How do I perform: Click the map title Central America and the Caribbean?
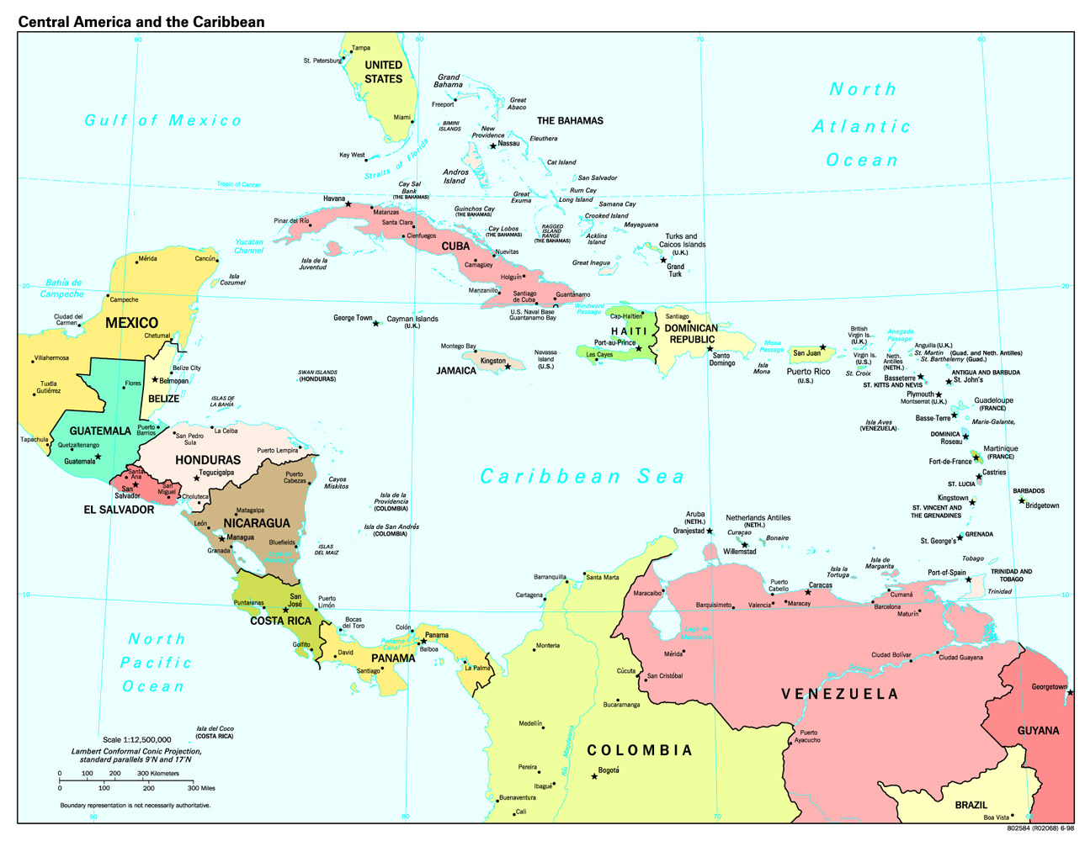(141, 22)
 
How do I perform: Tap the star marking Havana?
(348, 204)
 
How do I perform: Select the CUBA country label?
(455, 246)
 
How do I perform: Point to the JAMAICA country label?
(455, 371)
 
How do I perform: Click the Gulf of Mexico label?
(163, 120)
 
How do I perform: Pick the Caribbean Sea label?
(582, 477)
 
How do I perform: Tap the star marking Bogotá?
(594, 776)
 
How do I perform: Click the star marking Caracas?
(808, 592)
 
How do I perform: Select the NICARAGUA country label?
(256, 523)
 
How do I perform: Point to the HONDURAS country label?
(208, 460)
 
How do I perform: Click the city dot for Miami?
(412, 122)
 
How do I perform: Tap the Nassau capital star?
(493, 146)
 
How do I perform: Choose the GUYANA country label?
(1038, 731)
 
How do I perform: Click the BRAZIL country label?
(971, 805)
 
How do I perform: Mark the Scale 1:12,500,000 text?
(136, 740)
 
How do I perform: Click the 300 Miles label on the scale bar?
(201, 788)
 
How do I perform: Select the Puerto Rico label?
(808, 371)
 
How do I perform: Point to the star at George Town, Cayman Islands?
(376, 324)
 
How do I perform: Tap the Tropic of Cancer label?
(238, 184)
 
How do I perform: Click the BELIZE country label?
(163, 399)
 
